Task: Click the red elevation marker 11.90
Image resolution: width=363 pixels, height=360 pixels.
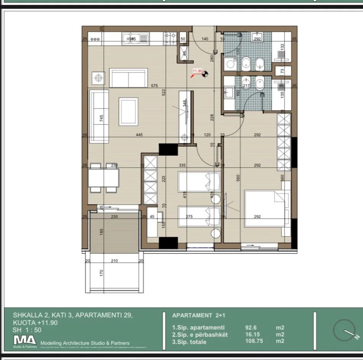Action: pos(197,71)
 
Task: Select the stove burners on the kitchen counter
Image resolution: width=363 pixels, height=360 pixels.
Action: pos(170,39)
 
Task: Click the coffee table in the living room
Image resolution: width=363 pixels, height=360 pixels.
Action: pos(128,111)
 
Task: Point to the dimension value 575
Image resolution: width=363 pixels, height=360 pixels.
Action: pos(154,86)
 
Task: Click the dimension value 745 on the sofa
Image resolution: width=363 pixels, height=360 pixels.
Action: pos(101,118)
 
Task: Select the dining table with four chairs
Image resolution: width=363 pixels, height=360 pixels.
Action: pos(103,178)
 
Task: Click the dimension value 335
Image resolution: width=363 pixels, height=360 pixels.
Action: pos(182,165)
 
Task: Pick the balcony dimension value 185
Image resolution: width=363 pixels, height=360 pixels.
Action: pos(102,232)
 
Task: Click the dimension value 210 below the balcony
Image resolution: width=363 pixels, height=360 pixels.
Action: pos(114,261)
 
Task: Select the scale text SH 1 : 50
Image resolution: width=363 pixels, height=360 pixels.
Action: pos(27,330)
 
